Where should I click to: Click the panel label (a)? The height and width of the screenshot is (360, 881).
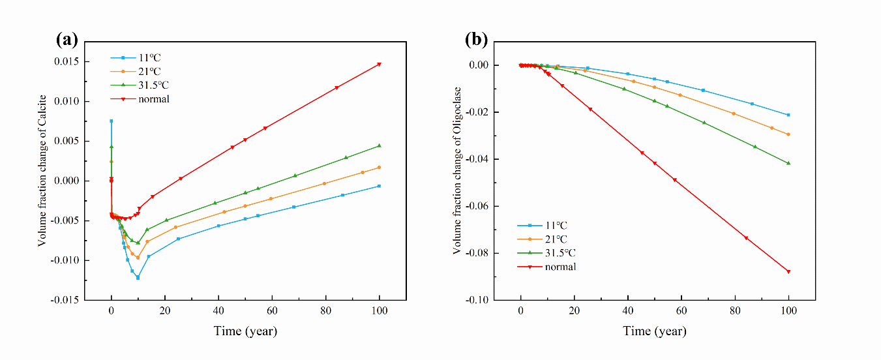point(67,40)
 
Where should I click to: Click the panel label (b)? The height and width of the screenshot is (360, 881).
point(476,40)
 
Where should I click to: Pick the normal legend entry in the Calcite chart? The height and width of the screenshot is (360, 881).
point(149,99)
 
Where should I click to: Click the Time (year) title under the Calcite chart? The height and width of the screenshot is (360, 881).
point(245,331)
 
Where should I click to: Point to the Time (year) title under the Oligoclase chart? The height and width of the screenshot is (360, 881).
point(654,331)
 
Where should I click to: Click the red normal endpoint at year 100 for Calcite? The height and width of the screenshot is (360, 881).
point(379,64)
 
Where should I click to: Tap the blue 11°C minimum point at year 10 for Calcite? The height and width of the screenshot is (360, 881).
point(138,277)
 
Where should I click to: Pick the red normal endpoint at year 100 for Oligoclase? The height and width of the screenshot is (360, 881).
point(788,271)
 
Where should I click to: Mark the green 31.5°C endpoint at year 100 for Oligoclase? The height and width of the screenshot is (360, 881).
point(788,163)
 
